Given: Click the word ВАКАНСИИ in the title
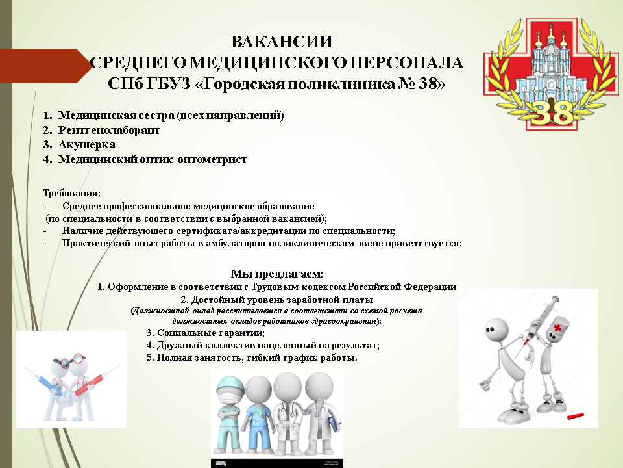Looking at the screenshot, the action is pyautogui.click(x=282, y=42).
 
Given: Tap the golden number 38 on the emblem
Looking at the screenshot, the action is pyautogui.click(x=551, y=112).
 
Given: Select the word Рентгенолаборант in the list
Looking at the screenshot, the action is pyautogui.click(x=109, y=130).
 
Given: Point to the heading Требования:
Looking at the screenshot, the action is pyautogui.click(x=72, y=194).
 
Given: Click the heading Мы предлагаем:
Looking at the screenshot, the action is pyautogui.click(x=277, y=274).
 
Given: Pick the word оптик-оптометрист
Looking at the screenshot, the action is pyautogui.click(x=193, y=160).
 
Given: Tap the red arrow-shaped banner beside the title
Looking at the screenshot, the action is pyautogui.click(x=45, y=66).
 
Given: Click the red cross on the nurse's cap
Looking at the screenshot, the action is pyautogui.click(x=558, y=328).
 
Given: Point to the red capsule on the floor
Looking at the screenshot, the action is pyautogui.click(x=576, y=416).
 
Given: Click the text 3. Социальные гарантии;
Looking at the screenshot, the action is pyautogui.click(x=206, y=333).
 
